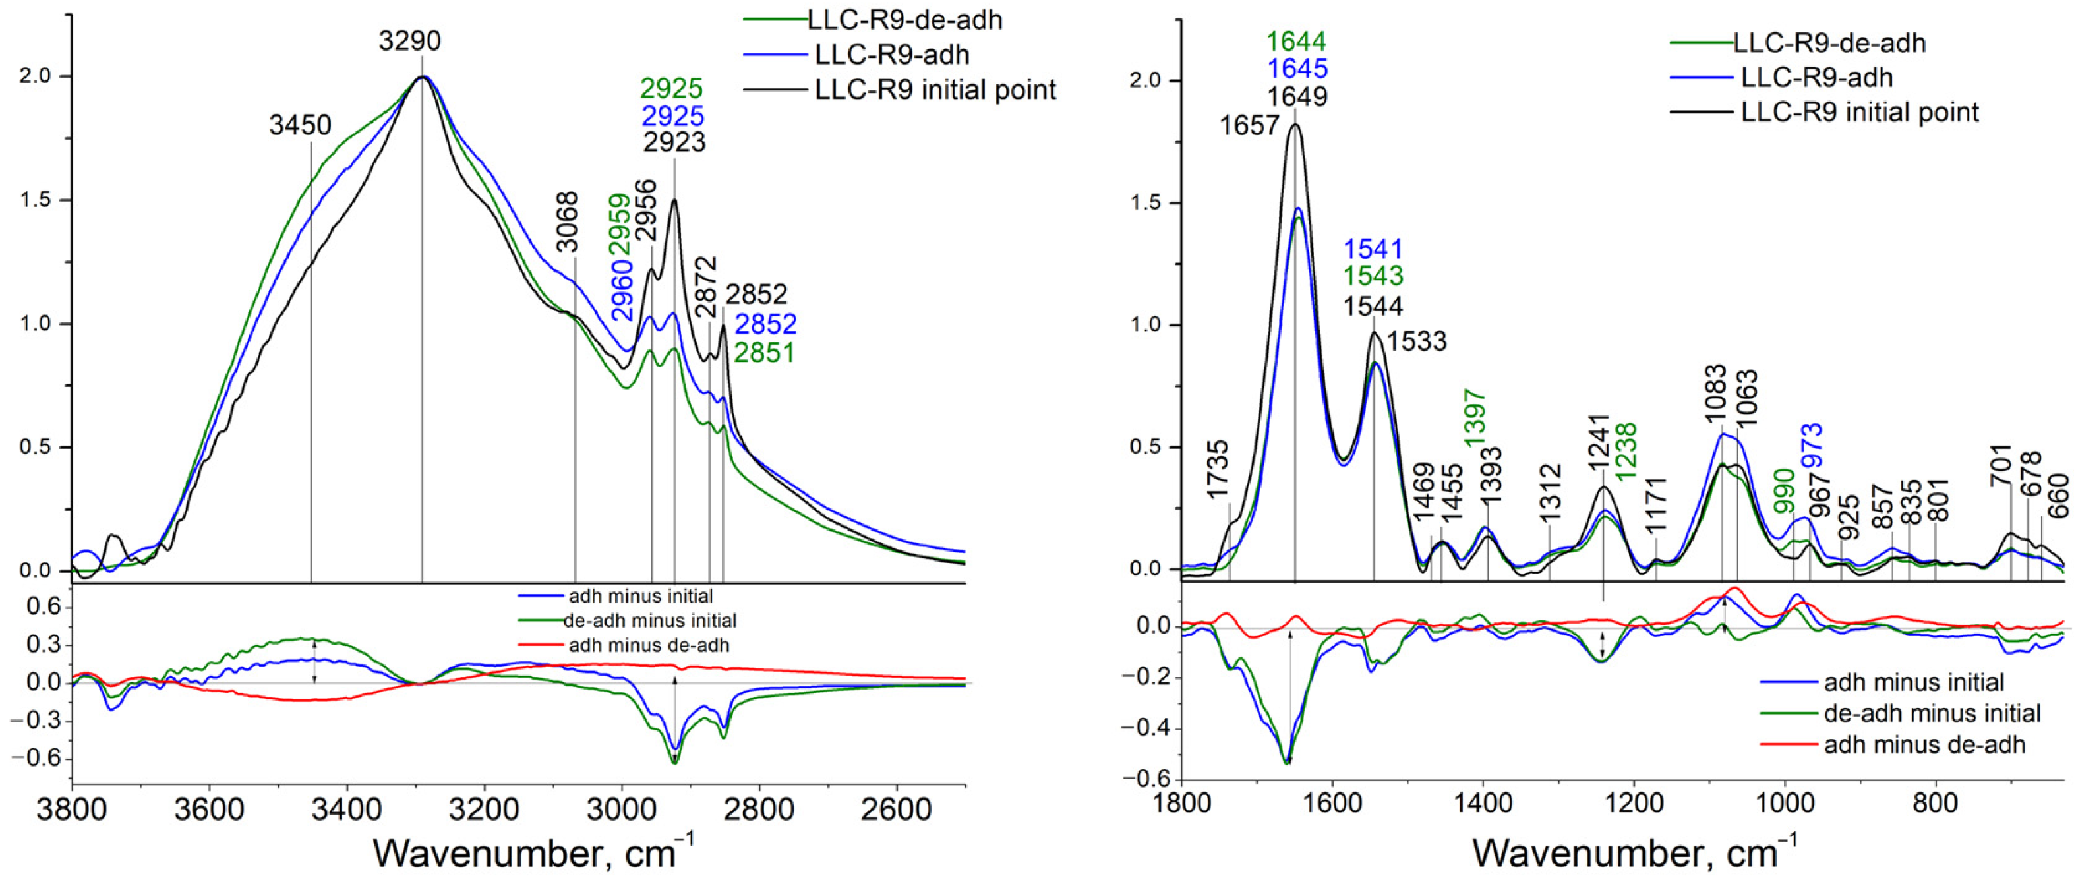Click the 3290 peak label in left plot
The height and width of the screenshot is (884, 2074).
click(x=410, y=40)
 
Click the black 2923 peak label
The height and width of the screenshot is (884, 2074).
click(x=674, y=142)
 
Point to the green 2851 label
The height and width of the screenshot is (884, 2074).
click(x=763, y=353)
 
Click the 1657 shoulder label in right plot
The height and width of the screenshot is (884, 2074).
click(x=1249, y=126)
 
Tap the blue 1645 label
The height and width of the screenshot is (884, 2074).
click(x=1296, y=69)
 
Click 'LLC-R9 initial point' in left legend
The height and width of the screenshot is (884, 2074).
click(x=935, y=90)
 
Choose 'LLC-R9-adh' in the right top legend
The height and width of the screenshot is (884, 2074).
click(x=1816, y=77)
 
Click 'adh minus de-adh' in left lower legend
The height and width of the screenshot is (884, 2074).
click(x=648, y=645)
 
